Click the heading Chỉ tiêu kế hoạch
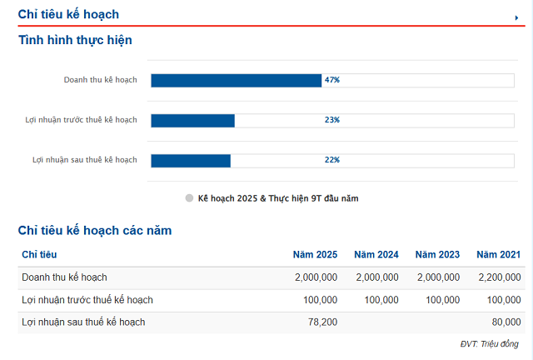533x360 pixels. coord(68,14)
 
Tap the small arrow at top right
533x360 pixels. coord(516,17)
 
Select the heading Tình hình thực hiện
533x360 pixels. coord(75,40)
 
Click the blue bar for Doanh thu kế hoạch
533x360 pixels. coord(236,80)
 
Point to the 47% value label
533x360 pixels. coord(332,80)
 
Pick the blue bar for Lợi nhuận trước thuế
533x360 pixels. coord(192,120)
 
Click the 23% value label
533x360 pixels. coord(332,120)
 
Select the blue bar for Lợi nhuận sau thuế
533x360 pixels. coord(191,160)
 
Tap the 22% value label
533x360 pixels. coord(332,160)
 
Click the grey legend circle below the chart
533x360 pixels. coord(189,198)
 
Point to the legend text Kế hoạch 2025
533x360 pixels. coord(278,198)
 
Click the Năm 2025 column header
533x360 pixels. coord(315,254)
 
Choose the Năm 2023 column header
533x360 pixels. coord(437,254)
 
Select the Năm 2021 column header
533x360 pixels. coord(498,254)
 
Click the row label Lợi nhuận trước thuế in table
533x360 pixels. coord(87,300)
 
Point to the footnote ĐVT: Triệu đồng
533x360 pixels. coord(490,344)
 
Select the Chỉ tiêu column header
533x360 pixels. coord(39,254)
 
